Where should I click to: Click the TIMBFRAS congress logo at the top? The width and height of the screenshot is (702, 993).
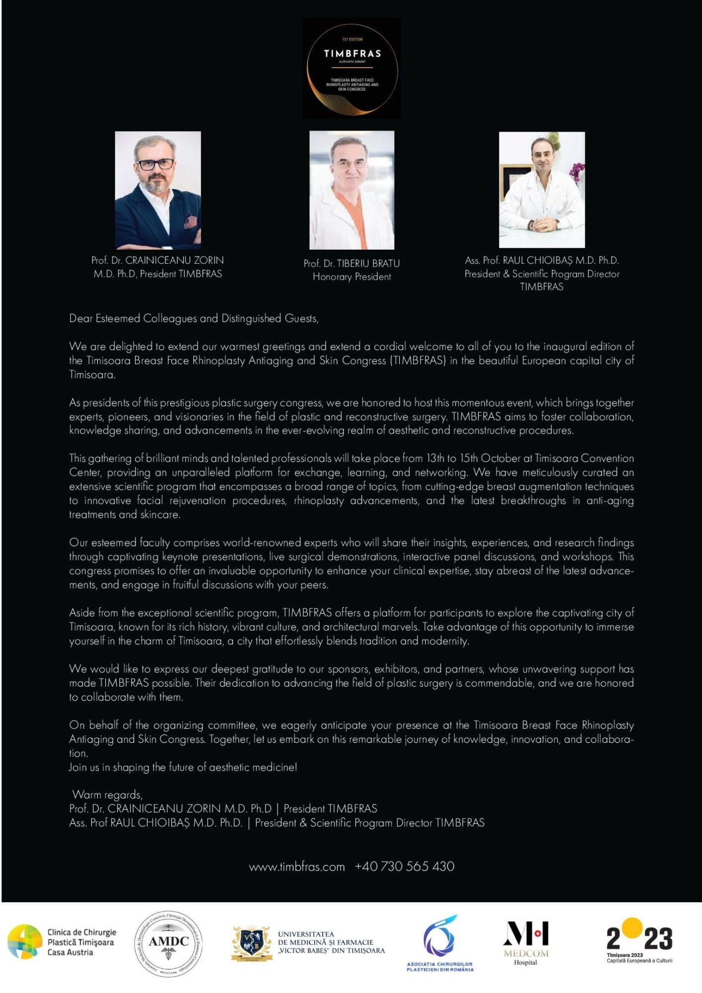(x=351, y=69)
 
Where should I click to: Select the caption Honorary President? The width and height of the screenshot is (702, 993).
(x=351, y=277)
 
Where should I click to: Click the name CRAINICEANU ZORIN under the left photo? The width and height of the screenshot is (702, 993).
(x=174, y=260)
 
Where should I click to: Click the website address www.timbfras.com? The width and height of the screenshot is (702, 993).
(x=297, y=867)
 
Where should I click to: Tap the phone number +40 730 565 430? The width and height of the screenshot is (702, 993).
(x=405, y=866)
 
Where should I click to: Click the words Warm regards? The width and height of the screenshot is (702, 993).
(x=107, y=795)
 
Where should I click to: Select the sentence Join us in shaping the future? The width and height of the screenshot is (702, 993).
(x=183, y=767)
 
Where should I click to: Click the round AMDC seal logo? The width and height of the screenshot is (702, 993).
(x=169, y=944)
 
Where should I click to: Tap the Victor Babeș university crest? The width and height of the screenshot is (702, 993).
(x=252, y=943)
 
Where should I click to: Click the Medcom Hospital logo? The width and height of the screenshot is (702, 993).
(x=526, y=943)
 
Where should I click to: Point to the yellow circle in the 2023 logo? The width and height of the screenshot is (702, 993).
(x=632, y=928)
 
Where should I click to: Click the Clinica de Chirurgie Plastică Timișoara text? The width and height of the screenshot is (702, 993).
(x=81, y=942)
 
